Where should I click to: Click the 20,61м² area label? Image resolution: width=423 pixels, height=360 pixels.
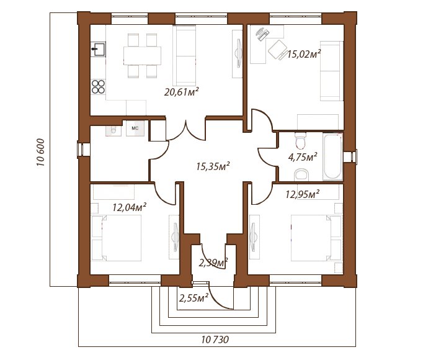[182, 92]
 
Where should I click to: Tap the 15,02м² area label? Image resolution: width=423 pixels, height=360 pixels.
[304, 54]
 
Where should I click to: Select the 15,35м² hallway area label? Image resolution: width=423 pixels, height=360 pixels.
[213, 166]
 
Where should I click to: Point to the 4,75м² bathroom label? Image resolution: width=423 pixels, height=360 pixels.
[303, 157]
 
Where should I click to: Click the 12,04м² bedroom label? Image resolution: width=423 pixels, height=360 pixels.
[130, 207]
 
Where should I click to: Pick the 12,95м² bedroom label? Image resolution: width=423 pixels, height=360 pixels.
[303, 194]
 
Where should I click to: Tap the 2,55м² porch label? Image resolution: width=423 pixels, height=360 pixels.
[194, 298]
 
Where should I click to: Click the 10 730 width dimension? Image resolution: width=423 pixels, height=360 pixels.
[215, 340]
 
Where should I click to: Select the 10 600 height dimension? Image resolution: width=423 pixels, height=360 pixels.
[40, 152]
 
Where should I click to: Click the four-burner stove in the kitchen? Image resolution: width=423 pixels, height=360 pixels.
[98, 87]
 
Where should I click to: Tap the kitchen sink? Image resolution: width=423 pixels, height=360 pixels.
[98, 49]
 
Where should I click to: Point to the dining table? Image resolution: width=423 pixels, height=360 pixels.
[143, 56]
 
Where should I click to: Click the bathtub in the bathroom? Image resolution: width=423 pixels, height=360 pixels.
[332, 157]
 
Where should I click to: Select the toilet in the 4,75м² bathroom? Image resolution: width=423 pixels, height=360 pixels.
[300, 140]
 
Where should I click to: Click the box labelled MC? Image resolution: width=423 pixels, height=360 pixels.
[135, 128]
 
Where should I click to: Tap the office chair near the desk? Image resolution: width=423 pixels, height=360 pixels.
[277, 50]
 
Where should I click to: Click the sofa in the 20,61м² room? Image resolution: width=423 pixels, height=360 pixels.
[184, 55]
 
